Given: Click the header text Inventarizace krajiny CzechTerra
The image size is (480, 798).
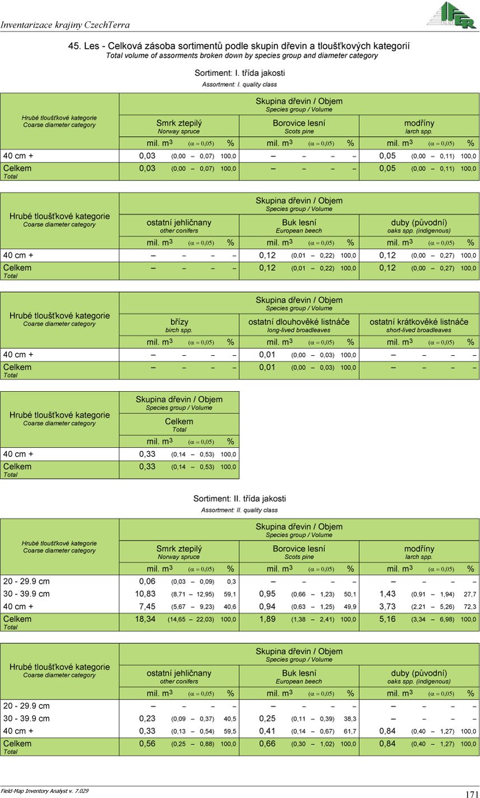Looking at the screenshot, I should click(66, 25).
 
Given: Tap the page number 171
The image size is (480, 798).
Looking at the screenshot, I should click(471, 794).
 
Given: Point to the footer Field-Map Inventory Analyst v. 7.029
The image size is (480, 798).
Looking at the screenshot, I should click(45, 790).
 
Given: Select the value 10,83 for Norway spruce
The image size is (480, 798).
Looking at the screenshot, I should click(147, 593).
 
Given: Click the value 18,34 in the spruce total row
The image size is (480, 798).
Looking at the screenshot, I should click(147, 619).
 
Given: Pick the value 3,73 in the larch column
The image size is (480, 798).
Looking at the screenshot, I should click(388, 606).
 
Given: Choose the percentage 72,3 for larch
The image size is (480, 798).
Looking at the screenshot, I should click(469, 607).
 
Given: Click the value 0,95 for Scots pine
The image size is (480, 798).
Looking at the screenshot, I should click(267, 593).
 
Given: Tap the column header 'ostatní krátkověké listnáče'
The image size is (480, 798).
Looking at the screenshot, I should click(419, 322).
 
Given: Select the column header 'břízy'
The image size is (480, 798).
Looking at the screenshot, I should click(179, 322).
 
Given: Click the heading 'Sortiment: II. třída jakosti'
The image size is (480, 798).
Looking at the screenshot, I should click(240, 498).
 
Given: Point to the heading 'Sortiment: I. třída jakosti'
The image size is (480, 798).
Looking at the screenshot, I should click(240, 73).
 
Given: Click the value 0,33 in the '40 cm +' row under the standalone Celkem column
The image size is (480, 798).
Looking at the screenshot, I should click(147, 454).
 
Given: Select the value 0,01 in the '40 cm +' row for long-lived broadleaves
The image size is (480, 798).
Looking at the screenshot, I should click(267, 355).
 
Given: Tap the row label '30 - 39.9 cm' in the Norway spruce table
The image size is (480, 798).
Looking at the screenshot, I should click(27, 593).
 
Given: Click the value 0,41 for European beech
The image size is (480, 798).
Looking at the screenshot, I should click(267, 731).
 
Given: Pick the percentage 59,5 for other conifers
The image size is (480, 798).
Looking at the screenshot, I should click(230, 731).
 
